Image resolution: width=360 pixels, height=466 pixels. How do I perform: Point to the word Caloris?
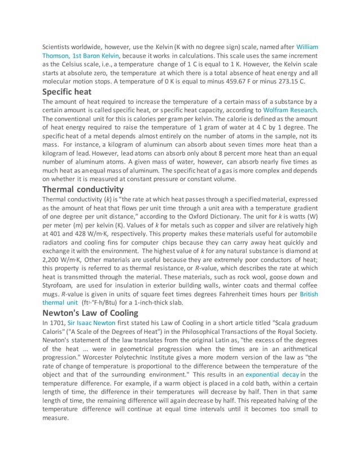(x=55, y=333)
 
